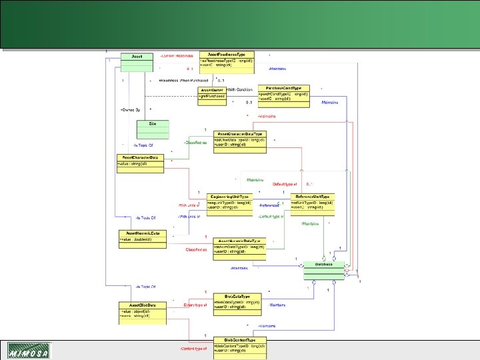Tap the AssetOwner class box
[x=212, y=94]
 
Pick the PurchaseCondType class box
[x=283, y=94]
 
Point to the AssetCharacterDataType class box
[x=240, y=141]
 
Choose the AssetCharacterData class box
[x=139, y=162]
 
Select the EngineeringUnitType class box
[x=229, y=203]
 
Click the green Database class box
[x=324, y=269]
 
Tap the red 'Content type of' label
[x=193, y=348]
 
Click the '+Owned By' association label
[x=130, y=109]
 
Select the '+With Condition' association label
[x=239, y=89]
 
